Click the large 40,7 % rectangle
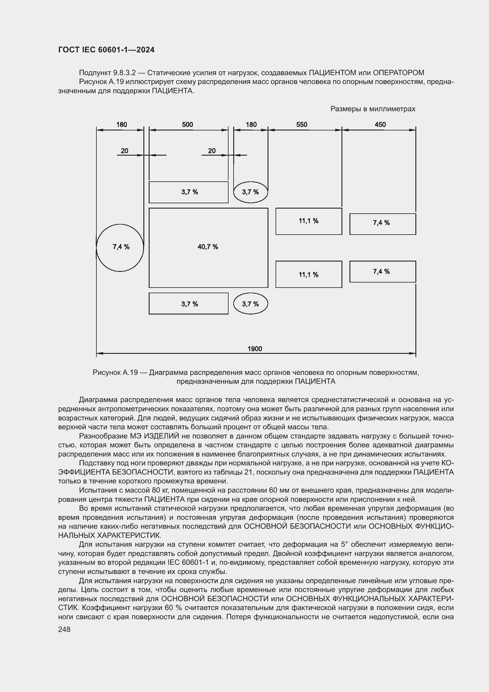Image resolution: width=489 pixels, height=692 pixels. pyautogui.click(x=208, y=247)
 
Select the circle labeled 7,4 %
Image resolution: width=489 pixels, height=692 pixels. pyautogui.click(x=120, y=247)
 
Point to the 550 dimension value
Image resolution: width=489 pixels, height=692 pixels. pyautogui.click(x=302, y=125)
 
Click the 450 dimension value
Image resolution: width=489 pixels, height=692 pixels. pyautogui.click(x=380, y=125)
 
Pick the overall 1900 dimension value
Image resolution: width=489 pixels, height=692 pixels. pyautogui.click(x=255, y=349)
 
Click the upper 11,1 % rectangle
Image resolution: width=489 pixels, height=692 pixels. pyautogui.click(x=309, y=221)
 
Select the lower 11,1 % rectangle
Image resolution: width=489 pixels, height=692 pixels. pyautogui.click(x=309, y=275)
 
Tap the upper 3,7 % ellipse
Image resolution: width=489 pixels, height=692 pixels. pyautogui.click(x=250, y=192)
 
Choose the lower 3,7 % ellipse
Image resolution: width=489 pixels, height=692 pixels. pyautogui.click(x=250, y=304)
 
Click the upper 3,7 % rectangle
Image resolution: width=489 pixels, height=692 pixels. pyautogui.click(x=189, y=192)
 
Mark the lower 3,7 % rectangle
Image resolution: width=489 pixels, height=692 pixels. pyautogui.click(x=189, y=304)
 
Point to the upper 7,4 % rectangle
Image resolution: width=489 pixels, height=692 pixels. pyautogui.click(x=382, y=224)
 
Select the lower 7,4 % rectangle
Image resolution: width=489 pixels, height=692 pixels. pyautogui.click(x=382, y=272)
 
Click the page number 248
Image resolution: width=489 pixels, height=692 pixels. pyautogui.click(x=64, y=629)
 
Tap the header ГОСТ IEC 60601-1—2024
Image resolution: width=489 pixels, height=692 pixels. pyautogui.click(x=106, y=50)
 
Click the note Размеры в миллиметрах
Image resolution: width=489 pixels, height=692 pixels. pyautogui.click(x=373, y=109)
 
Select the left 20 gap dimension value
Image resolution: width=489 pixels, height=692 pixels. pyautogui.click(x=124, y=151)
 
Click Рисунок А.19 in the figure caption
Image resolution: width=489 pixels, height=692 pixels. pyautogui.click(x=115, y=372)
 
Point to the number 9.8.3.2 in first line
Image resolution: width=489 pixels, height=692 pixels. pyautogui.click(x=124, y=73)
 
